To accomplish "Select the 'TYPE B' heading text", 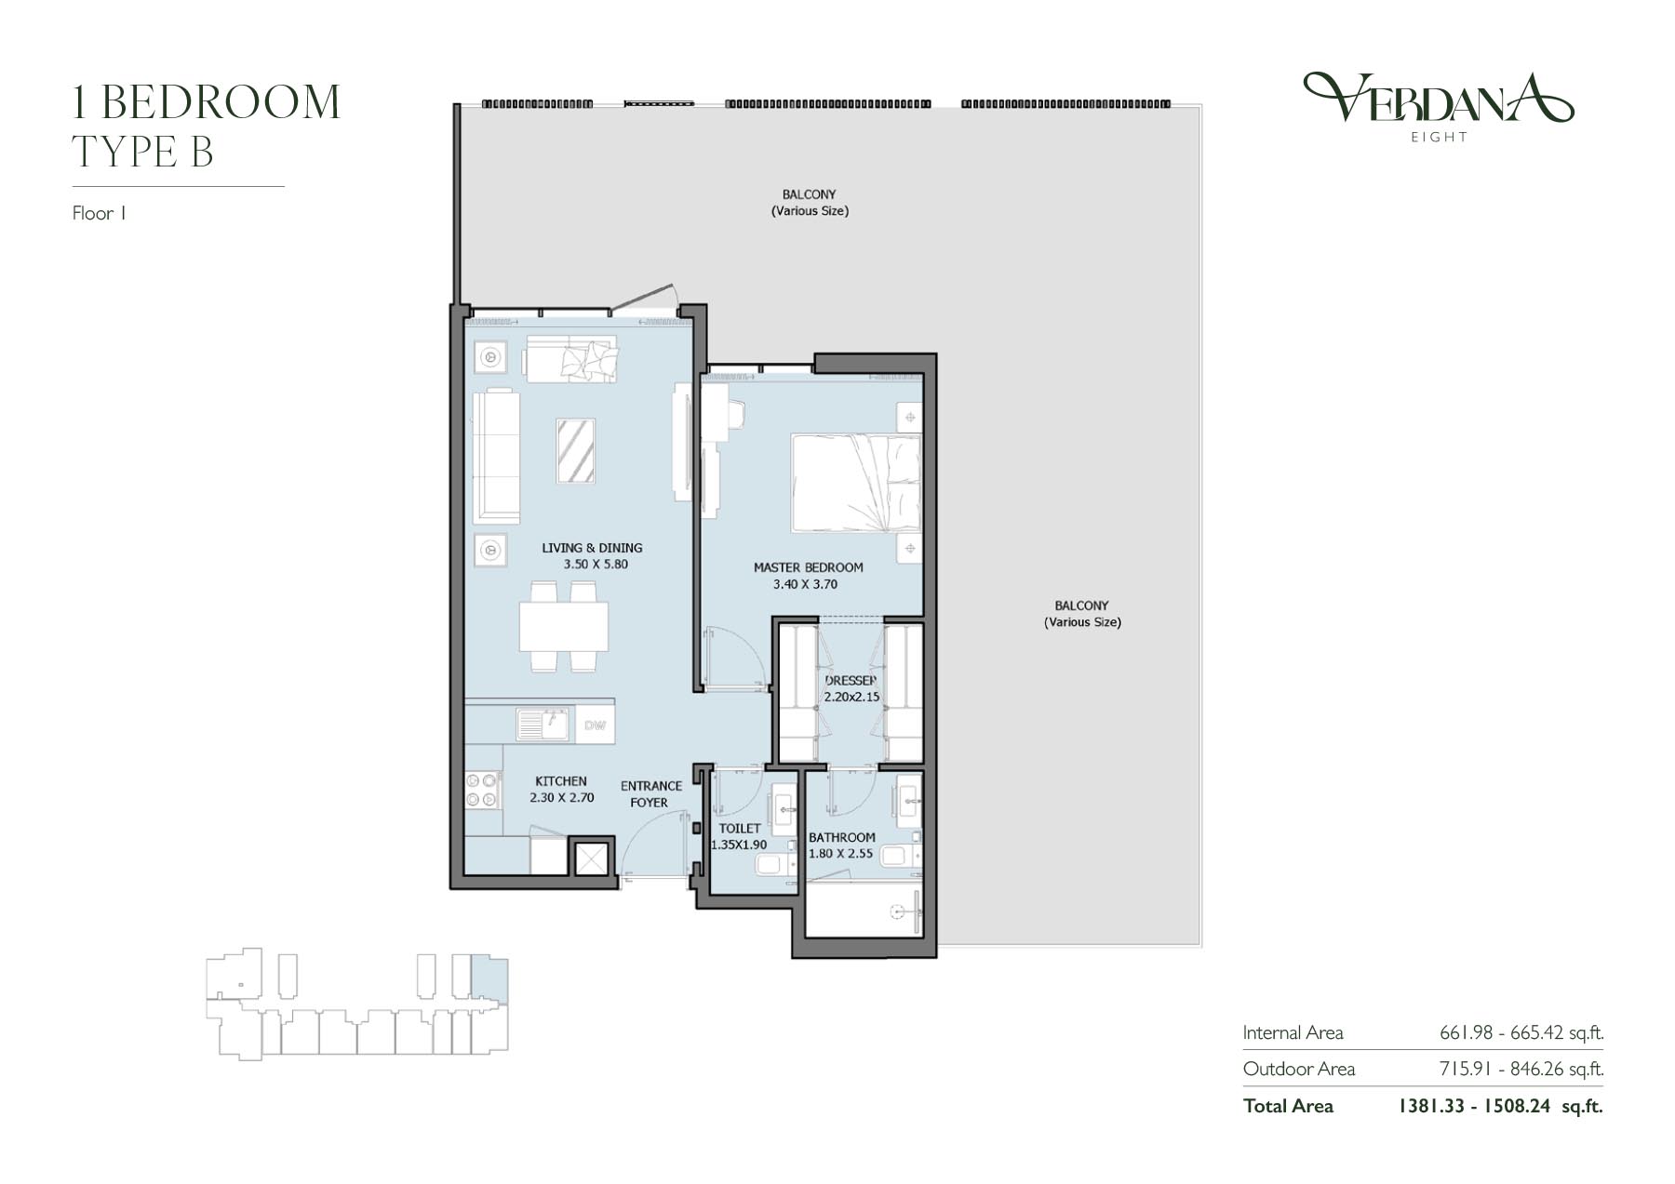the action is [143, 153].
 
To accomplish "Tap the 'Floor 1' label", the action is [99, 213].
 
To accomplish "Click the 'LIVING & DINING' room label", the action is [592, 548].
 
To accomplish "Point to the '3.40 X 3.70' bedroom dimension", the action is [805, 584].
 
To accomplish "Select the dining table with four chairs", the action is [564, 626].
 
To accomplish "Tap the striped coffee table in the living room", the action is [575, 451].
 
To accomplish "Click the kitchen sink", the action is [543, 725].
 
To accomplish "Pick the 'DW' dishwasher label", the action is [595, 725].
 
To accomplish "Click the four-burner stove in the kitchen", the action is [483, 791].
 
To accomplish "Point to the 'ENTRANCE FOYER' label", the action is [650, 794].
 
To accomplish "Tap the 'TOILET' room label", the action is [740, 828].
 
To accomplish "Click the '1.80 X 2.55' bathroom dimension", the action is [840, 853].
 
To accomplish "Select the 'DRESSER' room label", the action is [851, 681].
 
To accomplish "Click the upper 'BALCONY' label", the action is [809, 194].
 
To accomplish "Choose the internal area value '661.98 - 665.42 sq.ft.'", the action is [1521, 1032].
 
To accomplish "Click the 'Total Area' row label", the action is [1288, 1106].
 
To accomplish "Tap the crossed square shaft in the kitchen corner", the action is [591, 858].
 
